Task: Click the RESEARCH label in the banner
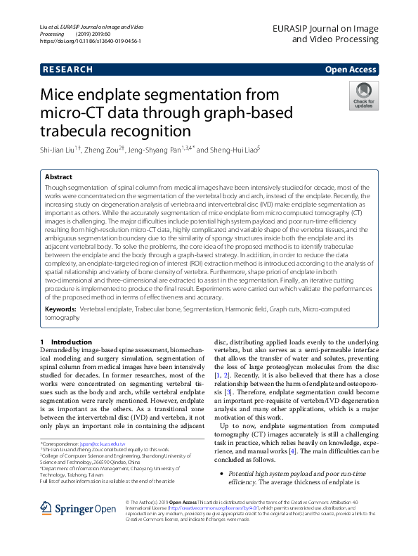coord(67,70)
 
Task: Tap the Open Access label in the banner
coord(351,70)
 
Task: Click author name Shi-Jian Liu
coord(59,150)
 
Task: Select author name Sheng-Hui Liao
coord(233,150)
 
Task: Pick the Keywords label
coord(60,309)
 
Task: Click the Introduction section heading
coord(72,342)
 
